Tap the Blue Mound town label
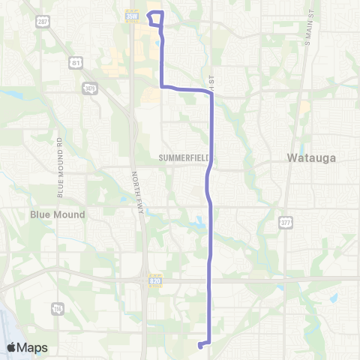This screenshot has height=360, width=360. [x=58, y=214]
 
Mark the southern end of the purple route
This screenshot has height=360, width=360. [x=200, y=346]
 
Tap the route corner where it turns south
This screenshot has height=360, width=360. [x=212, y=93]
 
